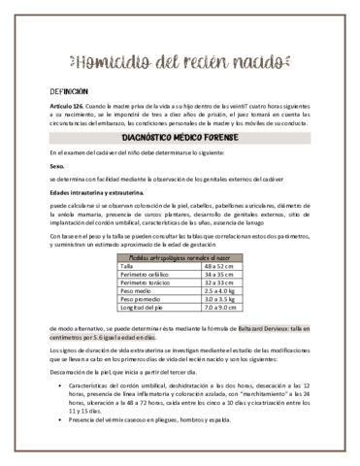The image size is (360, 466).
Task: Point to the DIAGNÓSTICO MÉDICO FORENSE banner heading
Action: coord(180,139)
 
